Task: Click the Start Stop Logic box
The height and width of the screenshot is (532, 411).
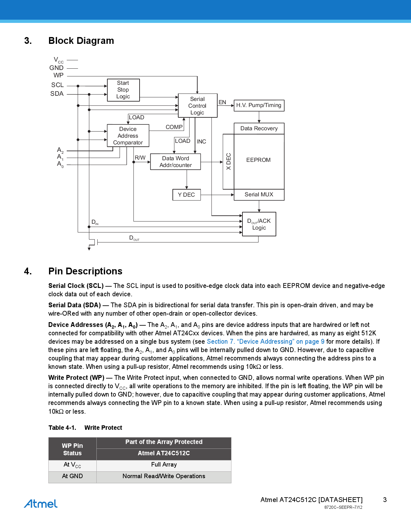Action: click(x=123, y=90)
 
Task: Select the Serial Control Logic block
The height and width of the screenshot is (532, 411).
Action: click(x=197, y=106)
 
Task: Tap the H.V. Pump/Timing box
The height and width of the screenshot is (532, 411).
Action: click(x=259, y=105)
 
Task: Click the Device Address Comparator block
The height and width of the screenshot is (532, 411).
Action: click(x=128, y=136)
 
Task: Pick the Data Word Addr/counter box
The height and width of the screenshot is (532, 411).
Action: click(x=175, y=162)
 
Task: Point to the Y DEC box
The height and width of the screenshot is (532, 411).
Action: click(x=186, y=195)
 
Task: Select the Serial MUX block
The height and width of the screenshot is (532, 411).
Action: click(x=259, y=195)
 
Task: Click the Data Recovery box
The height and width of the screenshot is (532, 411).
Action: click(x=259, y=128)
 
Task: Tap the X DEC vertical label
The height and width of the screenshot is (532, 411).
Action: click(x=228, y=162)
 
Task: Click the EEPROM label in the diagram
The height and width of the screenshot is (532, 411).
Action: click(x=259, y=160)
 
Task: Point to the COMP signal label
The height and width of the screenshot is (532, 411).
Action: click(x=174, y=127)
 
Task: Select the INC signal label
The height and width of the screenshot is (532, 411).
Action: click(x=201, y=142)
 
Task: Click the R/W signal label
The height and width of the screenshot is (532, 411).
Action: click(x=140, y=158)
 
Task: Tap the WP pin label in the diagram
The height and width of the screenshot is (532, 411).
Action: click(x=58, y=75)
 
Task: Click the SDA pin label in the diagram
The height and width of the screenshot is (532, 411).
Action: click(x=57, y=94)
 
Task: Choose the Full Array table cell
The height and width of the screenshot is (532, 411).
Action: click(x=164, y=465)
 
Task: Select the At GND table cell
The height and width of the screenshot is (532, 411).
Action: click(x=72, y=476)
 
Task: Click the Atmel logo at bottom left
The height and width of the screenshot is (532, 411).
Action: click(x=41, y=504)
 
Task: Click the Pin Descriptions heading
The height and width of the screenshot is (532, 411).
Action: click(x=85, y=271)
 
